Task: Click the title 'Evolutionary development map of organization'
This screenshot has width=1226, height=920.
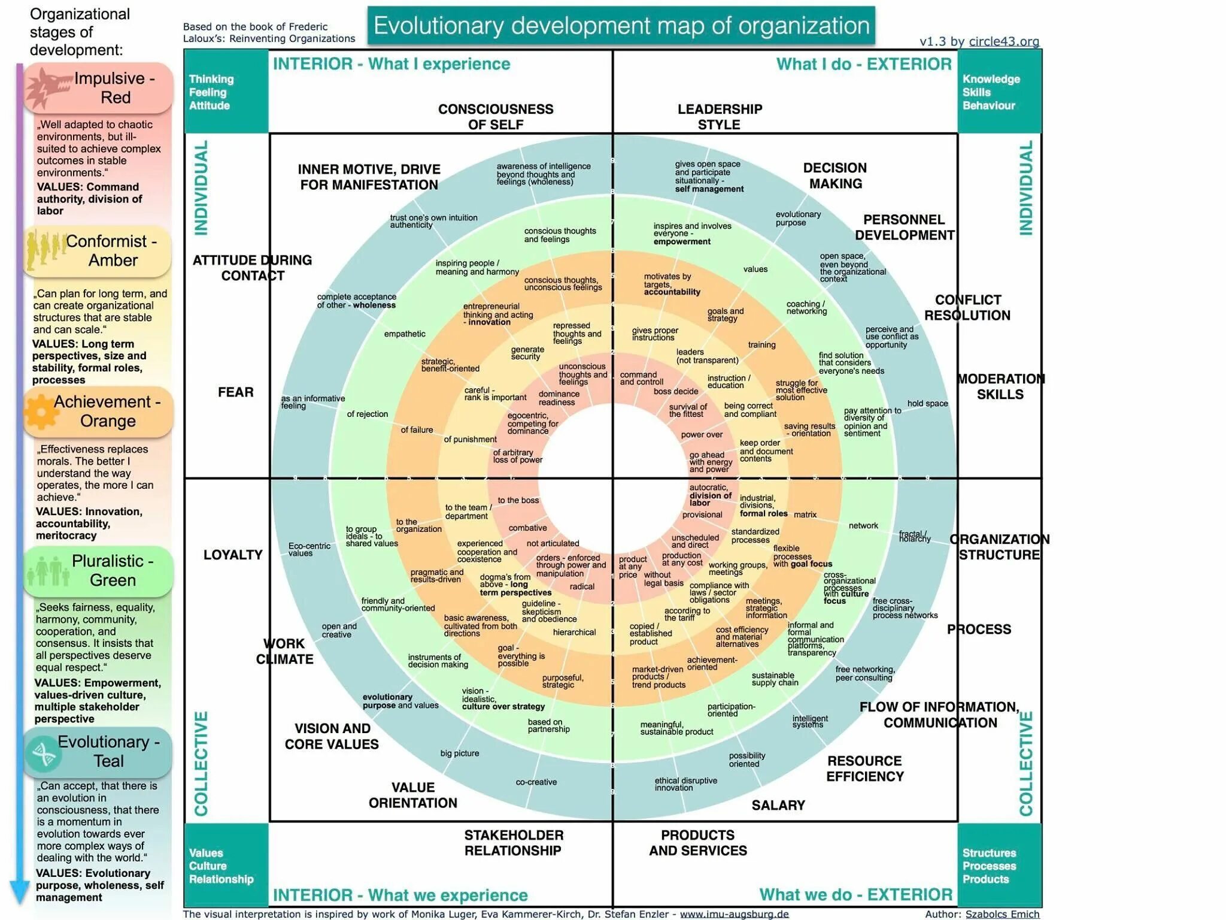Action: (x=621, y=26)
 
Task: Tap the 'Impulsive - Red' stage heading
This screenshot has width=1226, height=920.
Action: (x=114, y=87)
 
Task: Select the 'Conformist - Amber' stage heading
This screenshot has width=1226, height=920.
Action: (x=112, y=250)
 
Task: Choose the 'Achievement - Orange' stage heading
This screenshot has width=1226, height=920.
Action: (x=108, y=411)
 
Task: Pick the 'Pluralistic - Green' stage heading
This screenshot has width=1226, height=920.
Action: (x=113, y=570)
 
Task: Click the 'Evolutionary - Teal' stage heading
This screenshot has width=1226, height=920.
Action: (x=108, y=751)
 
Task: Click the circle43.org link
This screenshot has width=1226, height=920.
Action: (x=1004, y=41)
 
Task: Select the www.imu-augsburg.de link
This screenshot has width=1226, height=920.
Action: (x=734, y=914)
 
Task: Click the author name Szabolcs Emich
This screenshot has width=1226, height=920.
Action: (x=1002, y=914)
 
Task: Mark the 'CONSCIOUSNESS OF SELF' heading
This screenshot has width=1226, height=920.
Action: (x=496, y=117)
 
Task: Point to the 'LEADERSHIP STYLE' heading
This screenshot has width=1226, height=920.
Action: (x=720, y=117)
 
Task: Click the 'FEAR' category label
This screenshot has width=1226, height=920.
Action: (x=236, y=392)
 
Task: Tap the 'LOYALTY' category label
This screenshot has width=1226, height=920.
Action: (x=233, y=555)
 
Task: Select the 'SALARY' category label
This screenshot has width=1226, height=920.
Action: (x=778, y=805)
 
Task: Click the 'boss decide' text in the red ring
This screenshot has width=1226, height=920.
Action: (x=676, y=392)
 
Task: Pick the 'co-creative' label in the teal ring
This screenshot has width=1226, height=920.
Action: (x=536, y=782)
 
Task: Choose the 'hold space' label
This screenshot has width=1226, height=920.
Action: (x=927, y=404)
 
